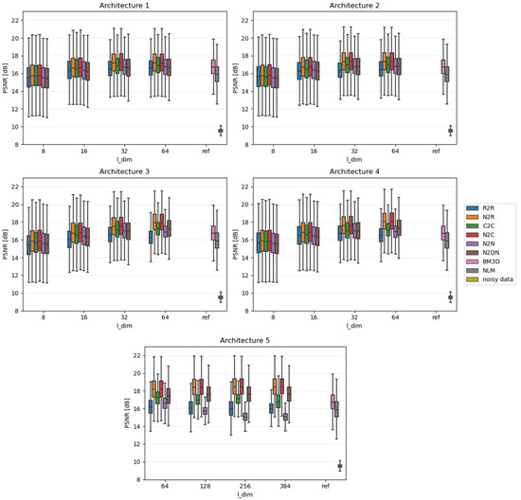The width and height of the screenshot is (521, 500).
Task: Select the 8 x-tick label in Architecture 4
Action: [x=274, y=316]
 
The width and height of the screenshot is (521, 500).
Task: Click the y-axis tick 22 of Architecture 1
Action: [x=14, y=20]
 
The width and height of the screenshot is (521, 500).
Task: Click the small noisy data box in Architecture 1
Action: [x=221, y=132]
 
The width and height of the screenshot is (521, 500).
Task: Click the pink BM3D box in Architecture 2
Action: [x=443, y=65]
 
